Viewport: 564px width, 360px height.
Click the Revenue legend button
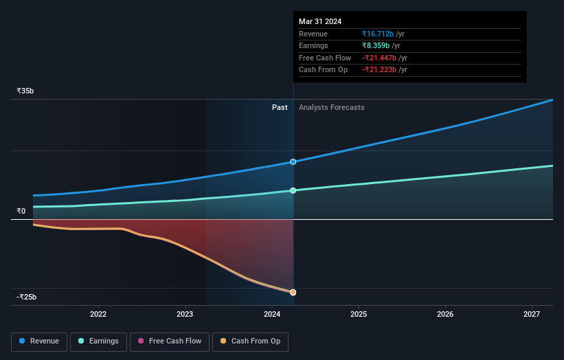(x=39, y=341)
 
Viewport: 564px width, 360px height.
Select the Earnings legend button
(x=98, y=341)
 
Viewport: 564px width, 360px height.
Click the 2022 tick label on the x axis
(x=98, y=314)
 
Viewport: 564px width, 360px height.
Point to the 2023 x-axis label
(x=185, y=314)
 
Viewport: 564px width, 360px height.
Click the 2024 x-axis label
(x=272, y=314)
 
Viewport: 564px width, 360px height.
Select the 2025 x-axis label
(x=359, y=314)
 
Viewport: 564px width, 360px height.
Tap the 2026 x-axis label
(x=445, y=314)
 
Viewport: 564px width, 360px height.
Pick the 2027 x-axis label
(x=532, y=314)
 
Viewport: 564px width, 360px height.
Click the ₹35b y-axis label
(x=25, y=91)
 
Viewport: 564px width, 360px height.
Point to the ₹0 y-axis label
(x=21, y=211)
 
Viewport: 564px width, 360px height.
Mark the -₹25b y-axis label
(x=27, y=297)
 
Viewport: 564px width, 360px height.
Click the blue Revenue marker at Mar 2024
(x=293, y=162)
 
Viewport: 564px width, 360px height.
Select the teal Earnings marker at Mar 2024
(x=293, y=190)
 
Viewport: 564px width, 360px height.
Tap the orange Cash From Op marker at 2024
(x=293, y=292)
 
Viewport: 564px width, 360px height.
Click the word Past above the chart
(x=280, y=107)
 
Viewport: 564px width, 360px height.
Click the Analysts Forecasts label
(x=331, y=107)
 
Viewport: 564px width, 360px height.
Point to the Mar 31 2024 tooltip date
(x=320, y=21)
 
